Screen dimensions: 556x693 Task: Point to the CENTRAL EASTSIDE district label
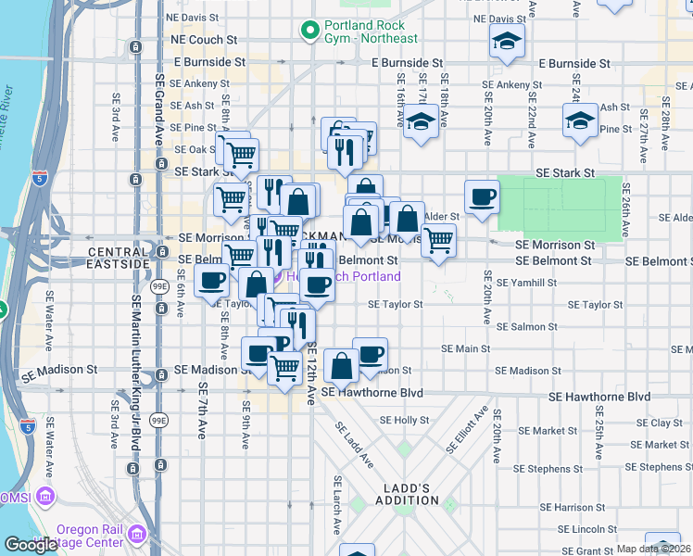coord(119,258)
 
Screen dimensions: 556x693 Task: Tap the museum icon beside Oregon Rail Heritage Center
coord(138,535)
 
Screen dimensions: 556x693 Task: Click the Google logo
coord(31,545)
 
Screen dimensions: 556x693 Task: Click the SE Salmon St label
coord(527,326)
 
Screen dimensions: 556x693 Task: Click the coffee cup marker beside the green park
coord(482,197)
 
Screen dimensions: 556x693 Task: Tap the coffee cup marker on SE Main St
coord(370,353)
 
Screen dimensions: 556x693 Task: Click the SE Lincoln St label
coord(586,528)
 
